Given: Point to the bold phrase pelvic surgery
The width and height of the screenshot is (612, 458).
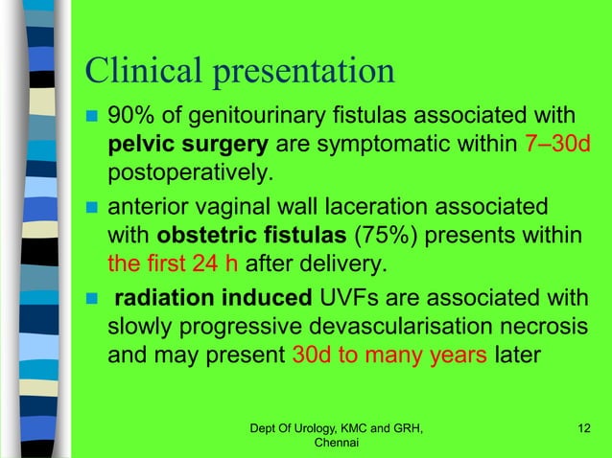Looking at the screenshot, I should pyautogui.click(x=189, y=148).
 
